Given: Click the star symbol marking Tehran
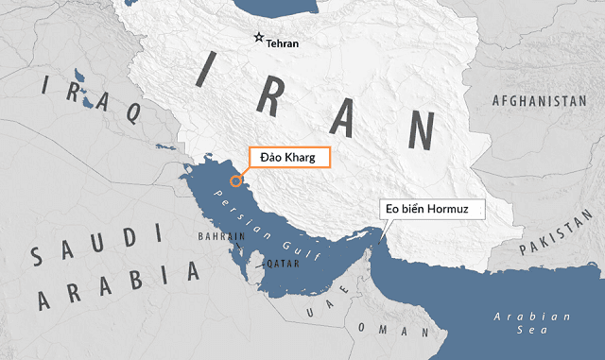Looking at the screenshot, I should (258, 38).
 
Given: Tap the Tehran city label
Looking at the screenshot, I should (283, 44).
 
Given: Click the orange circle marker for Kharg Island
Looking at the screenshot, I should (235, 177).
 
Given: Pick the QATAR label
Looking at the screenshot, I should (283, 264).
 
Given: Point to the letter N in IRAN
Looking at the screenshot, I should (417, 131).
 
